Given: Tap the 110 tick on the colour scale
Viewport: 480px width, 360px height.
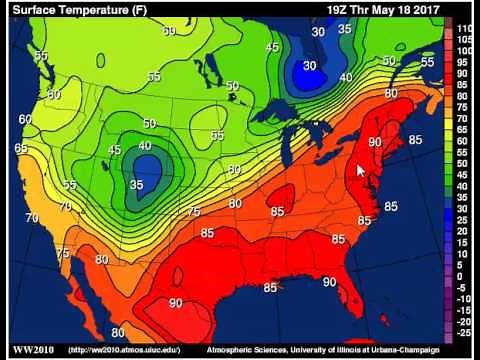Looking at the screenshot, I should click(x=464, y=29).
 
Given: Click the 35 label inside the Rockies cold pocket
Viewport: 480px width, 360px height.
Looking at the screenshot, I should click(x=137, y=185).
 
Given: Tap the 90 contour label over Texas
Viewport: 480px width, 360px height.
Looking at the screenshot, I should click(x=176, y=303).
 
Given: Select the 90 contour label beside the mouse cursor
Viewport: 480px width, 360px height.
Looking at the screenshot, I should click(x=375, y=143).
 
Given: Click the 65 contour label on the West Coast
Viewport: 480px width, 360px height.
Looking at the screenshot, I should click(x=21, y=148).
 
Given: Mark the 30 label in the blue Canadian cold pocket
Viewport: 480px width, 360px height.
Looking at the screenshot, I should click(x=310, y=66).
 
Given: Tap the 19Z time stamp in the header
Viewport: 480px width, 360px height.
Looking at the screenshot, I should click(x=340, y=10).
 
